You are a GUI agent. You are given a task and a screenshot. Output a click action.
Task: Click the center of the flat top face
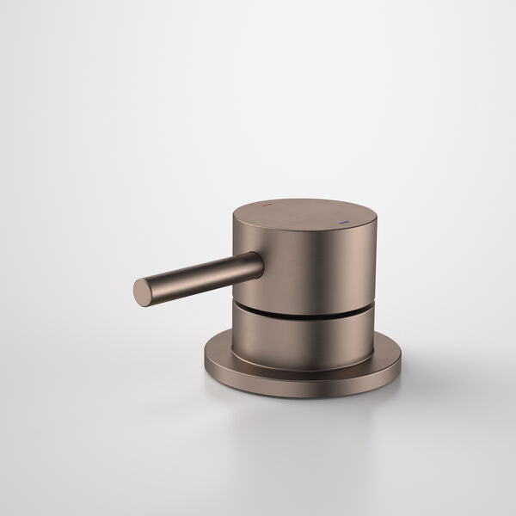[x=304, y=213]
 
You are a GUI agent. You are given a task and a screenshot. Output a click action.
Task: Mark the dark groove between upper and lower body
[x=301, y=312]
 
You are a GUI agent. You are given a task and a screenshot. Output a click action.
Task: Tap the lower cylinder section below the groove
[x=301, y=340]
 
